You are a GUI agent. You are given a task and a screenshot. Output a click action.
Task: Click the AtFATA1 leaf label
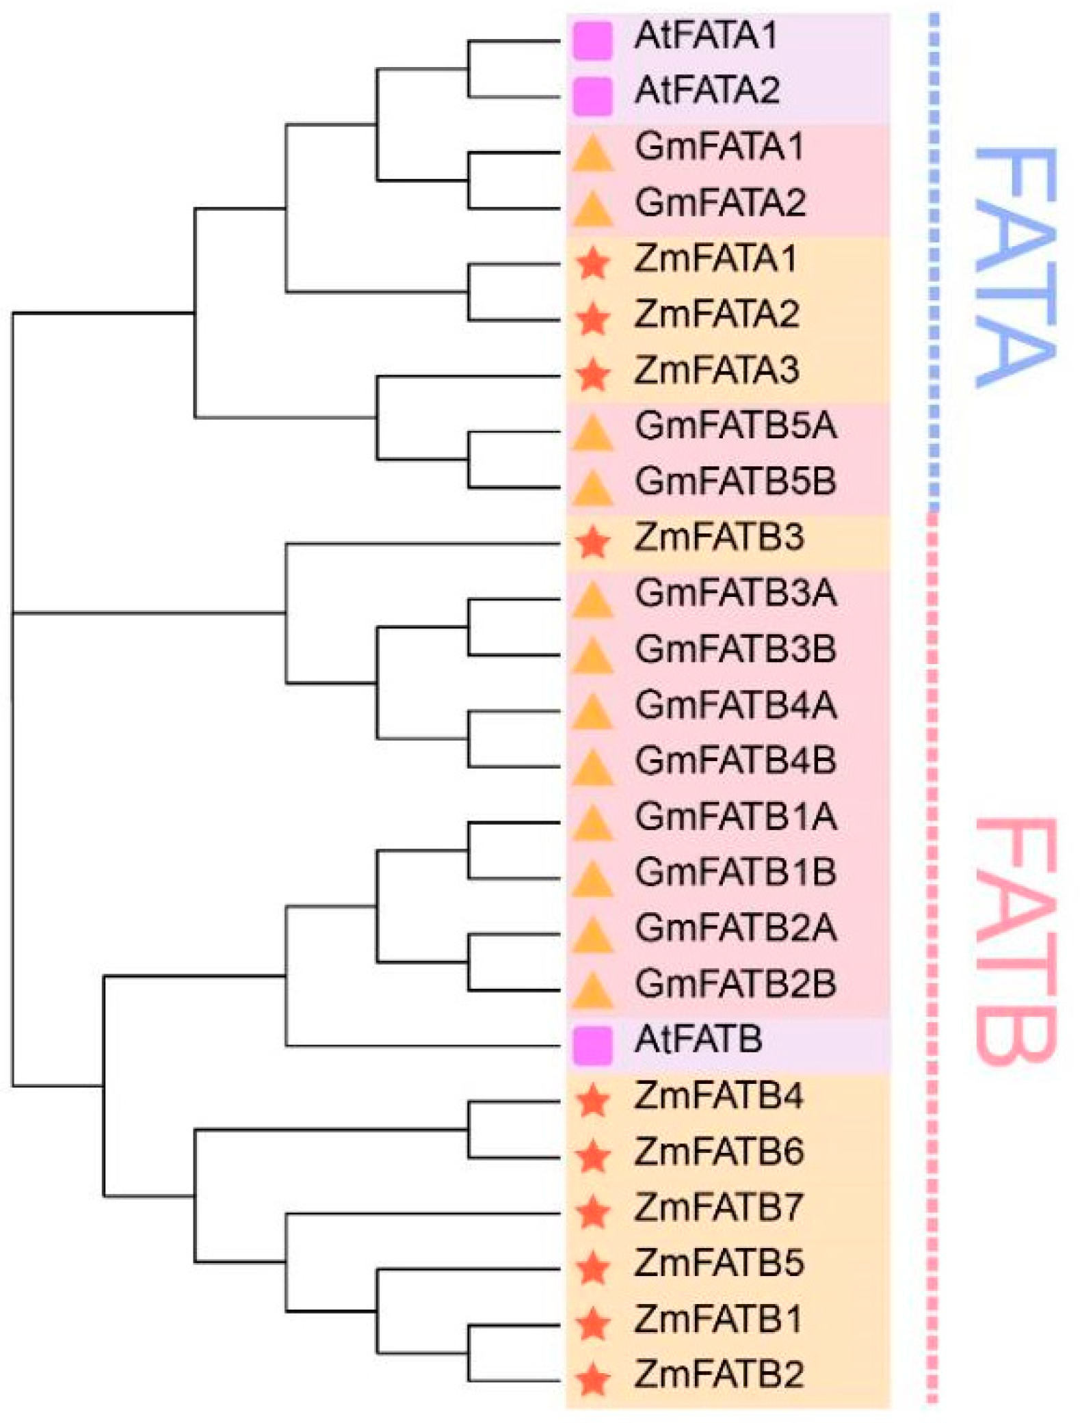(x=705, y=36)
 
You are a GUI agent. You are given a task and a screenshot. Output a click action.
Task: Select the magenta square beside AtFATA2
(x=592, y=96)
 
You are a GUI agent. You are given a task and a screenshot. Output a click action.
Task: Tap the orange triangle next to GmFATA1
(x=592, y=154)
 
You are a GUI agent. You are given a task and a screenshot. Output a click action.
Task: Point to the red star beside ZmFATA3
(x=592, y=375)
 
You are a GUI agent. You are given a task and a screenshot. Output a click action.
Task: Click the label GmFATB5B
(x=735, y=482)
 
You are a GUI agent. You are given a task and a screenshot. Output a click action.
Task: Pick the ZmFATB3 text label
(x=719, y=538)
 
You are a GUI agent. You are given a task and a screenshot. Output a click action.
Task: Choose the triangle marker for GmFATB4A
(x=592, y=711)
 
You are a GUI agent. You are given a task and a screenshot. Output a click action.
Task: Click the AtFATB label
(x=698, y=1040)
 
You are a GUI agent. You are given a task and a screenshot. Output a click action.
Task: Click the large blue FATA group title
(x=1014, y=267)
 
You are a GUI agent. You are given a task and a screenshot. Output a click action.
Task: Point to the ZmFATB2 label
(x=719, y=1374)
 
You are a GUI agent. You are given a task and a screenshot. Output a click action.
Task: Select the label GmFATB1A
(x=735, y=816)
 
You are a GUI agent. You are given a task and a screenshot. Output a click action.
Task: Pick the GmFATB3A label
(x=735, y=593)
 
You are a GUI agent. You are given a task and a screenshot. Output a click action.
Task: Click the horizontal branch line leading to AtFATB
(x=424, y=1046)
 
